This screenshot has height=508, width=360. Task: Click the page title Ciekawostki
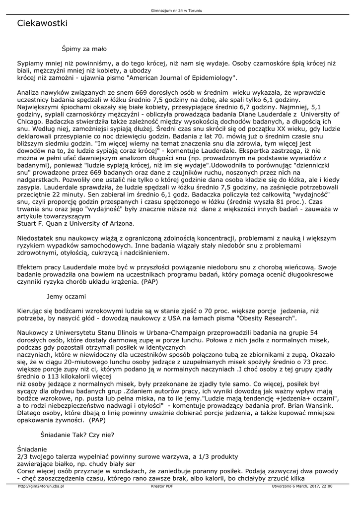(x=42, y=23)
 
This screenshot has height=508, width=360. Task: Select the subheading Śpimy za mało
(x=84, y=49)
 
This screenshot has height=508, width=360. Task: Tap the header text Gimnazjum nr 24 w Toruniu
(x=179, y=10)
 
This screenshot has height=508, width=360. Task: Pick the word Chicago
(x=30, y=121)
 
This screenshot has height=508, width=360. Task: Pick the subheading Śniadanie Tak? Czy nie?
(x=77, y=435)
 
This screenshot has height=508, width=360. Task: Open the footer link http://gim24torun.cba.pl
(x=41, y=487)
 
